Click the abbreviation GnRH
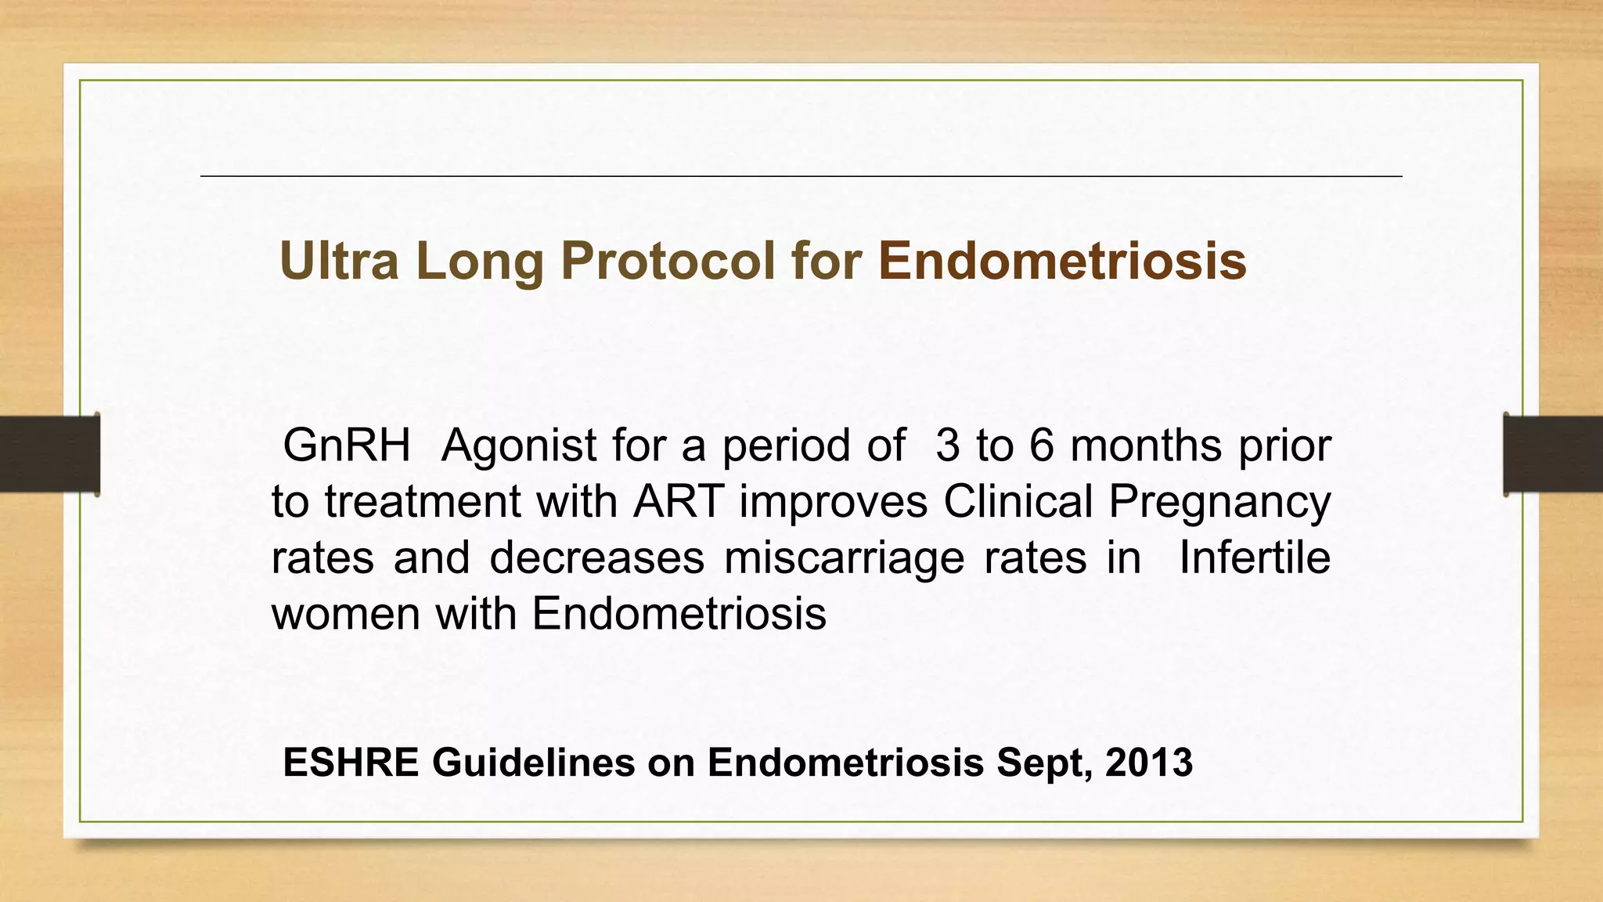pos(347,446)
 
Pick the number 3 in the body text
pos(947,446)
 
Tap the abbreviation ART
pos(678,501)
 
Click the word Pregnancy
pos(1219,503)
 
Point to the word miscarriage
pos(844,559)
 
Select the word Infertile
pos(1254,557)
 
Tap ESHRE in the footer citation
pos(351,763)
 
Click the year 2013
pos(1149,763)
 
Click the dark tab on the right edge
pos(1553,454)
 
